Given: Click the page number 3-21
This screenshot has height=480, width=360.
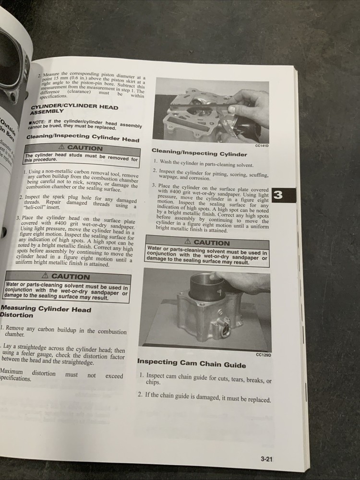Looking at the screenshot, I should tap(267, 459).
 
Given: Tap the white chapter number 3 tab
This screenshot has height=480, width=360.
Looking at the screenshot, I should tap(279, 195).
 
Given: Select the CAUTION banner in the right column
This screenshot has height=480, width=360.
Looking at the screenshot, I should tap(207, 243).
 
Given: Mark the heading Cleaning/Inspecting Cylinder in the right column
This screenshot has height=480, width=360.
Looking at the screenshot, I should tap(199, 154).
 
